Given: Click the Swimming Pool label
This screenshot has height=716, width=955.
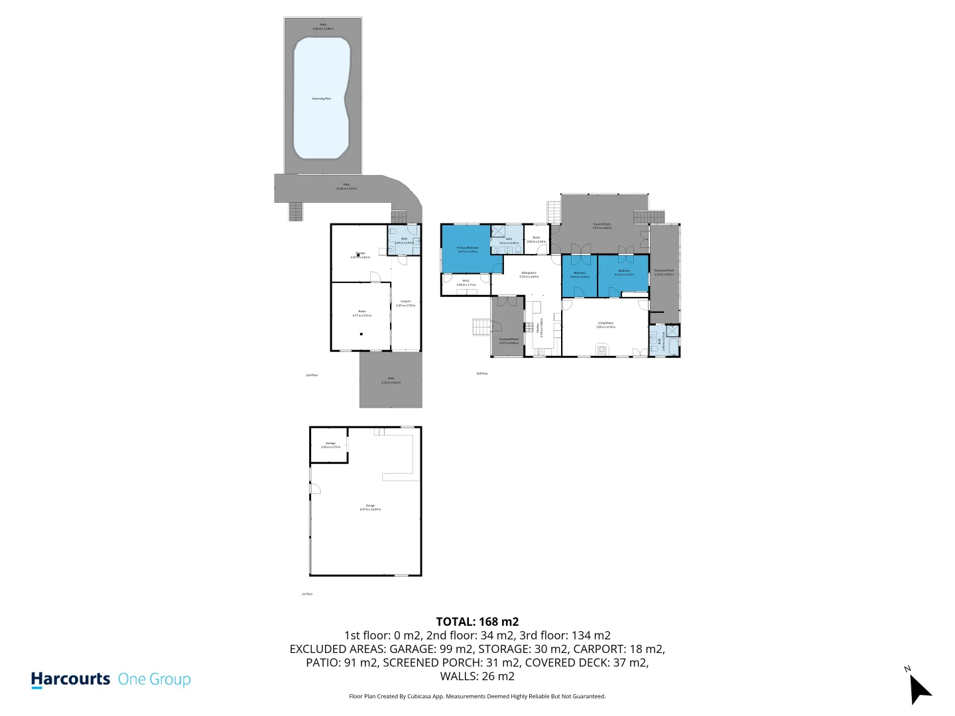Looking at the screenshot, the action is point(321,98).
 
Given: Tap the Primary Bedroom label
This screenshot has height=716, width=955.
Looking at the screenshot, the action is point(468,249).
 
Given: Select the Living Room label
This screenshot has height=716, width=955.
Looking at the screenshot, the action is point(605,325).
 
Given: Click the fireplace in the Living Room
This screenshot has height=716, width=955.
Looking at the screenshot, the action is point(602,349).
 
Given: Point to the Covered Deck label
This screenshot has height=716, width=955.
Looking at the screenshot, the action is point(602,226).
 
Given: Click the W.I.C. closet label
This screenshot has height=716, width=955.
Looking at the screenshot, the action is point(466,282).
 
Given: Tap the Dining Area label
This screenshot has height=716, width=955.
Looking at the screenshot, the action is point(529,274).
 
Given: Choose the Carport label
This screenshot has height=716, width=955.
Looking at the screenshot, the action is point(405,303).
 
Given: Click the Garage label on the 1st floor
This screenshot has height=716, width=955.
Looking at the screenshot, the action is point(370,507).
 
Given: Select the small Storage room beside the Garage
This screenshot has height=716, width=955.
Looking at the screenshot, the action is point(330,445).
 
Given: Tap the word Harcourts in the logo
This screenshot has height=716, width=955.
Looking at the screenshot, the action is point(70,679).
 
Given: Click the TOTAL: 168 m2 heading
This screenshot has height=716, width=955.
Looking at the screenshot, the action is point(477,621).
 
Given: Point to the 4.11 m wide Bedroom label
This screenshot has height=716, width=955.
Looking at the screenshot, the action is point(624,272).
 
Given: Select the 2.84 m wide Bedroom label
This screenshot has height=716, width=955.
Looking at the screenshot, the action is point(580,274).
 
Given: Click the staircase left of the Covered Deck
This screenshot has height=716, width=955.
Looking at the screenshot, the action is point(553,212).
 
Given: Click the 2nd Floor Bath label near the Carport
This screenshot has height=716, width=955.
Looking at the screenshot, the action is point(404,240).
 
